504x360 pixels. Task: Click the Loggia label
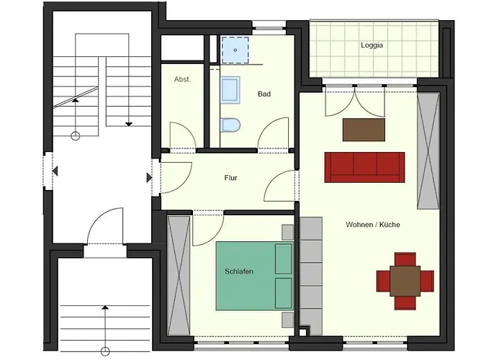pyautogui.click(x=372, y=45)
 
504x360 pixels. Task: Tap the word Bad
pyautogui.click(x=264, y=94)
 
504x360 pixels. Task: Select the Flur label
pyautogui.click(x=231, y=178)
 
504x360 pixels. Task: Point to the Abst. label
pyautogui.click(x=182, y=79)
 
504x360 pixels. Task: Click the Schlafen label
pyautogui.click(x=239, y=271)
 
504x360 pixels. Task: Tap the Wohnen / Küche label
pyautogui.click(x=373, y=225)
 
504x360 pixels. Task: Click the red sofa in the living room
pyautogui.click(x=364, y=168)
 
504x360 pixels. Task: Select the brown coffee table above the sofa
pyautogui.click(x=364, y=130)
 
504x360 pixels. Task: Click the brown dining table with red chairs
pyautogui.click(x=405, y=282)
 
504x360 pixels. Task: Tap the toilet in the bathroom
pyautogui.click(x=231, y=125)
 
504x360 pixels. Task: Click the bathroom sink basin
pyautogui.click(x=230, y=90)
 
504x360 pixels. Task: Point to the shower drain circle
pyautogui.click(x=235, y=50)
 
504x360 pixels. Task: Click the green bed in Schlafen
pyautogui.click(x=254, y=276)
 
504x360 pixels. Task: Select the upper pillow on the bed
pyautogui.click(x=284, y=258)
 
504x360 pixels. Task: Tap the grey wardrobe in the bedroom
pyautogui.click(x=179, y=276)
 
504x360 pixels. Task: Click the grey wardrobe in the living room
pyautogui.click(x=428, y=151)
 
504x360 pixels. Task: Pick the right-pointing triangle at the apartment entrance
pyautogui.click(x=149, y=177)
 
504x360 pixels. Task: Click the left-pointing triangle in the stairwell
pyautogui.click(x=55, y=171)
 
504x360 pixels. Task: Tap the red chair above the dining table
pyautogui.click(x=405, y=260)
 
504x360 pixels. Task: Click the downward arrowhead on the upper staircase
pyautogui.click(x=129, y=124)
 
